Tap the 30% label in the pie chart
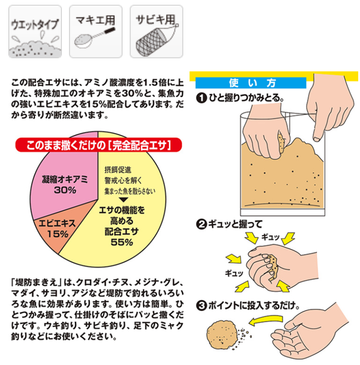64,190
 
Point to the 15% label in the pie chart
57,234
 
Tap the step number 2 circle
202,225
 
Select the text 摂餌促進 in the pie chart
118,169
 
